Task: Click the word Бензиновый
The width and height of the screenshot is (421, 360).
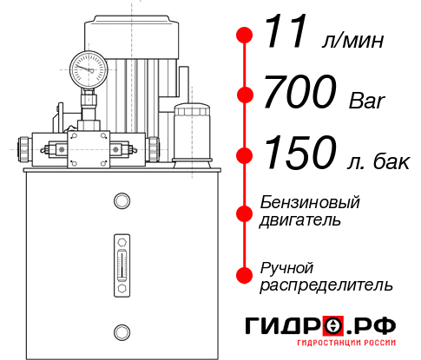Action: coord(310,202)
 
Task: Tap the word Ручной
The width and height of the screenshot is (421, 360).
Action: coord(286,266)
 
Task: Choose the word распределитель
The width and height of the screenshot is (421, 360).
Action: coord(326,285)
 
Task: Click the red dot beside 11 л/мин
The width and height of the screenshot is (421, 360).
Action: coord(245,36)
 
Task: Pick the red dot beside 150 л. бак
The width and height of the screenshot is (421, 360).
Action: coord(245,155)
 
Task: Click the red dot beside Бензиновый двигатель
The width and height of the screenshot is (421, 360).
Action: coord(245,212)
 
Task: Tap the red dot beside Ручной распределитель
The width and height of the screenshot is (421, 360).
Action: coord(245,275)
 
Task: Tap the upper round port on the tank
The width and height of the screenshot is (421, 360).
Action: coord(121,202)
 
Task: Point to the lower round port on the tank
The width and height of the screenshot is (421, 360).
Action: coord(121,330)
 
